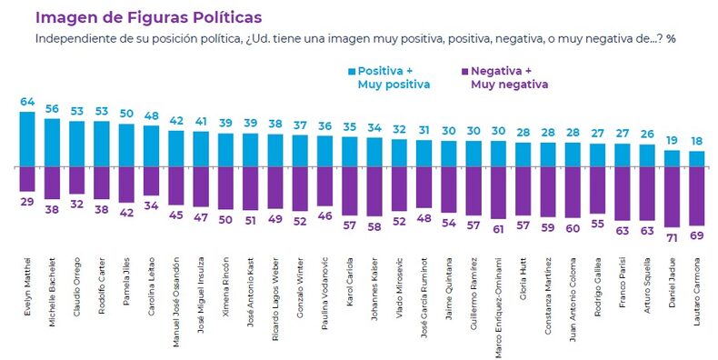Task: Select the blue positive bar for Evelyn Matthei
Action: pyautogui.click(x=27, y=139)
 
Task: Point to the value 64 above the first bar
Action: pyautogui.click(x=27, y=102)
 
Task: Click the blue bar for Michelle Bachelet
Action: pyautogui.click(x=52, y=143)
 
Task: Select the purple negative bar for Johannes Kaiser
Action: pyautogui.click(x=374, y=192)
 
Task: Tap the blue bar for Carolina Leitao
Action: pyautogui.click(x=151, y=146)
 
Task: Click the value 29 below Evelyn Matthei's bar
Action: pyautogui.click(x=27, y=202)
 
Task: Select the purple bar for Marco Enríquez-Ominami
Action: pyautogui.click(x=498, y=193)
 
